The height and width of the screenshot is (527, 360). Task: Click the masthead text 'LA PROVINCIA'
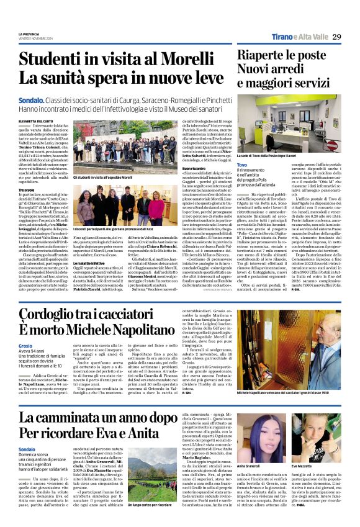[29, 34]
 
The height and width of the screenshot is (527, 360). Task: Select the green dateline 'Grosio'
[25, 345]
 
